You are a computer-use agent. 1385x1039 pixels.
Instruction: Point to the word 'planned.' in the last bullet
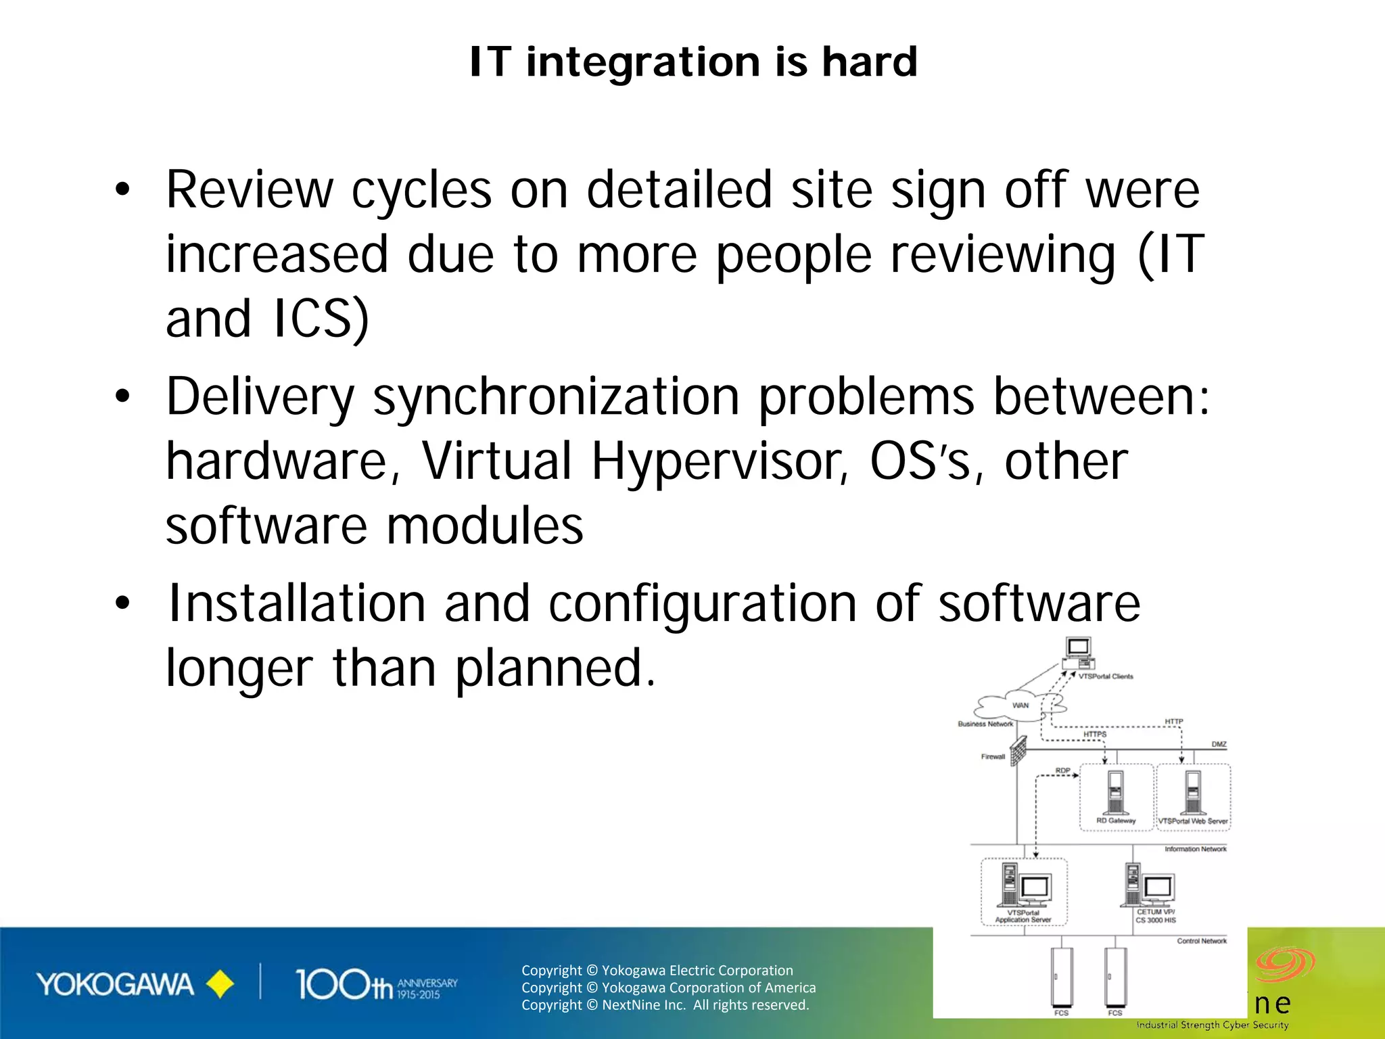click(555, 668)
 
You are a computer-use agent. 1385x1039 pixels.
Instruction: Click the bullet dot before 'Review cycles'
click(122, 190)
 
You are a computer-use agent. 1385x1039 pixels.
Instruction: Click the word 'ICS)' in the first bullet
click(321, 319)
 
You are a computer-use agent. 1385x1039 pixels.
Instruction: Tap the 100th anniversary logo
click(375, 985)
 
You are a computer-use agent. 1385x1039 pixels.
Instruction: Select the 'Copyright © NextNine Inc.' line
click(665, 1005)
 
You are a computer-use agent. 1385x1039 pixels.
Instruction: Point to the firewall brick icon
click(1018, 751)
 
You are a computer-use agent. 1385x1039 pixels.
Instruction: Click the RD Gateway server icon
click(1116, 793)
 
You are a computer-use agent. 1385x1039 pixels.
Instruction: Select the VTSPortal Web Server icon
click(1194, 793)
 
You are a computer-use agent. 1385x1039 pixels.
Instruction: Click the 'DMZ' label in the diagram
click(1219, 744)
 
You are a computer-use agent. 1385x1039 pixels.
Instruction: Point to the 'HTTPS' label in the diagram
click(1095, 734)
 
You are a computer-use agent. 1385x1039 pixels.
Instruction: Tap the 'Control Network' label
click(1201, 941)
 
